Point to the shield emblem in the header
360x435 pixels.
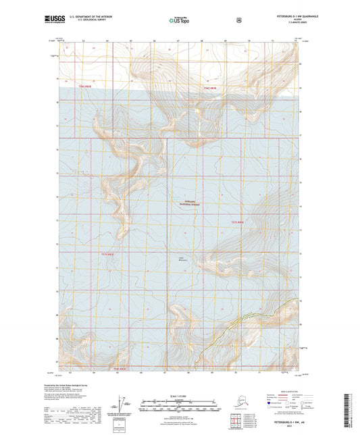point(239,20)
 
